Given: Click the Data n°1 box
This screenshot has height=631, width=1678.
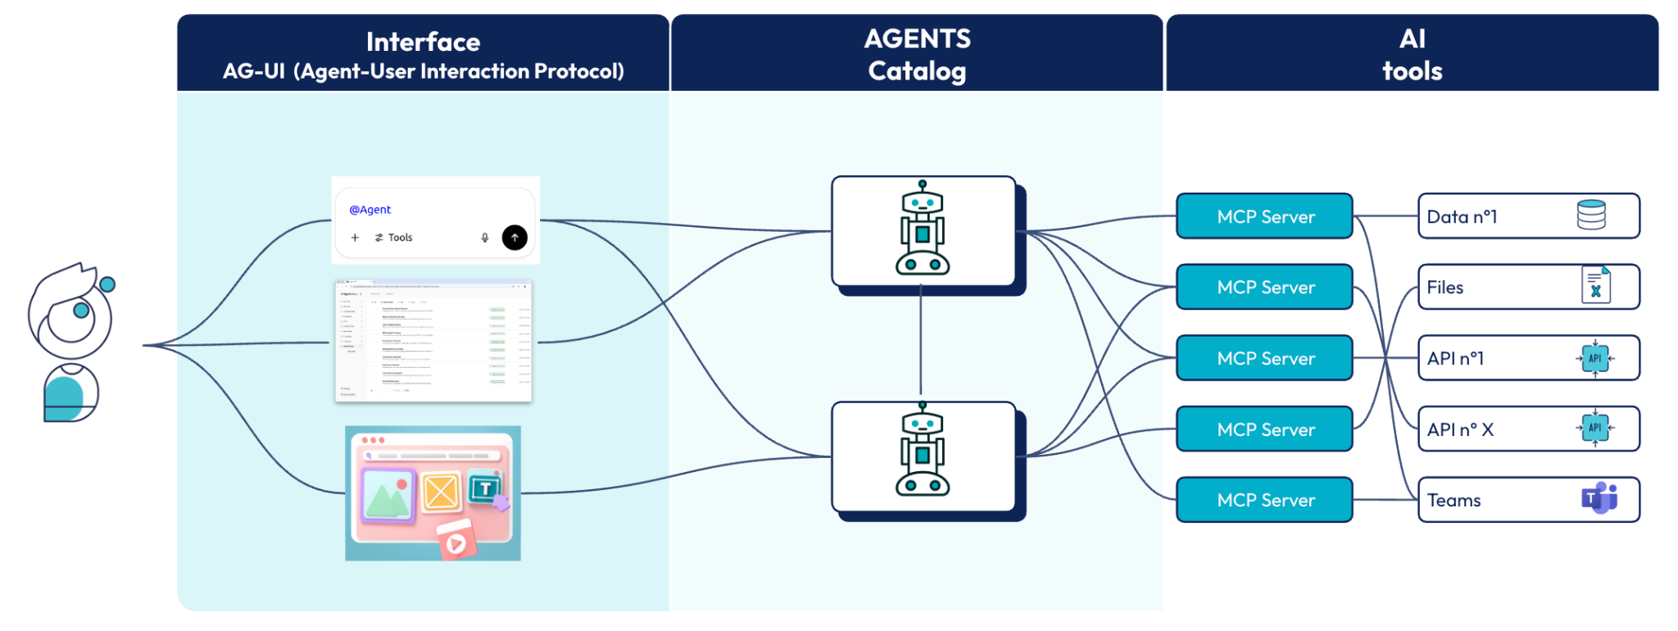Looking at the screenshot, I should click(x=1527, y=216).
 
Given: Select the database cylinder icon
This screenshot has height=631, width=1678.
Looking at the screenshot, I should click(x=1591, y=216).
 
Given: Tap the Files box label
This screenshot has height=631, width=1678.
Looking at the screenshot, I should click(x=1445, y=288).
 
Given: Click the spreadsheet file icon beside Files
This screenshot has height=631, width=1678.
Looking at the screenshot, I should click(x=1595, y=286).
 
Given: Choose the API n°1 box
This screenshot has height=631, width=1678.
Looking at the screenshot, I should click(x=1527, y=358).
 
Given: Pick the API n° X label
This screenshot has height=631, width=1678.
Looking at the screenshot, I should click(x=1460, y=429).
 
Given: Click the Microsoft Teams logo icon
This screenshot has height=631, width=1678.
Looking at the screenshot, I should click(x=1599, y=498).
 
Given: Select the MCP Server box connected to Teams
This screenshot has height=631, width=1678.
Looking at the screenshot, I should click(x=1264, y=500).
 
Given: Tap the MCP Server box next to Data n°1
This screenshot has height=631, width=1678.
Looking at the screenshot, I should click(x=1264, y=216).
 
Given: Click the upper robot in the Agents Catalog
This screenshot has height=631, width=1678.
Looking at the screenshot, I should click(x=923, y=229).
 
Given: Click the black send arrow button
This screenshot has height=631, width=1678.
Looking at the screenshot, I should click(x=515, y=238).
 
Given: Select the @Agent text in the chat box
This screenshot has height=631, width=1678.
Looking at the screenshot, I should click(x=370, y=210).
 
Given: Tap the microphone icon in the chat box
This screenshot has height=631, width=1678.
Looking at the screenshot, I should click(x=485, y=238).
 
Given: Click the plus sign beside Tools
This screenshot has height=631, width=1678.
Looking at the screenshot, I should click(x=355, y=238).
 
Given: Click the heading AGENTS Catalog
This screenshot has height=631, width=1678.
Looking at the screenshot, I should click(x=917, y=55).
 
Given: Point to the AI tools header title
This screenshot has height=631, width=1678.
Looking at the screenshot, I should click(x=1412, y=55).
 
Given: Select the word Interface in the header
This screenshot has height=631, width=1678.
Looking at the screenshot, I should click(x=423, y=42).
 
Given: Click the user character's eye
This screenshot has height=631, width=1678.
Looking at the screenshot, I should click(x=81, y=311).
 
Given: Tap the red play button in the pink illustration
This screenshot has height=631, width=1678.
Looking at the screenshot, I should click(x=456, y=543).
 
